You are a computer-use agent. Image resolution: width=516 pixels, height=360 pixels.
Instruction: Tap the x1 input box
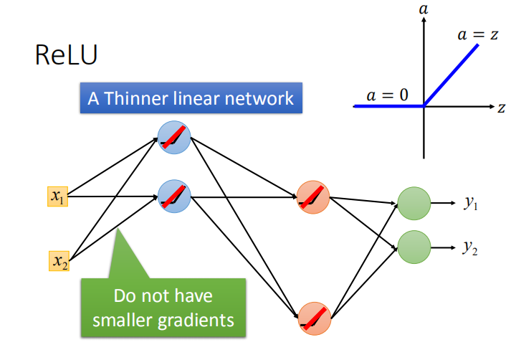(57, 196)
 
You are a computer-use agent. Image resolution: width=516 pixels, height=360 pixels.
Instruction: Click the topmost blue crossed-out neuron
(174, 136)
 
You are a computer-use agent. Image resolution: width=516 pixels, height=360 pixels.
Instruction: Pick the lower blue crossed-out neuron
(174, 195)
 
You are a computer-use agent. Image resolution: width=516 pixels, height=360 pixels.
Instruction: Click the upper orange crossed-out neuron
(313, 196)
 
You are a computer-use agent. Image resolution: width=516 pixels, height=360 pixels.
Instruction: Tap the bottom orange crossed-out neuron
(313, 318)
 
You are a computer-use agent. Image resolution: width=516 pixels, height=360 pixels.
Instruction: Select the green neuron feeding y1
(414, 203)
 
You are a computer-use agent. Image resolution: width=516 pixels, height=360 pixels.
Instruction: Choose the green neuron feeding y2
(414, 247)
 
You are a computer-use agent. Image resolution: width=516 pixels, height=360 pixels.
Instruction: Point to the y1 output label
(471, 204)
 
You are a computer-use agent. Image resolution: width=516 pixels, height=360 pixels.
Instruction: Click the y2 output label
(471, 247)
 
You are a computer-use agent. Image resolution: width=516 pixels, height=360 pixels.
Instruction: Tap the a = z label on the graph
(479, 34)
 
